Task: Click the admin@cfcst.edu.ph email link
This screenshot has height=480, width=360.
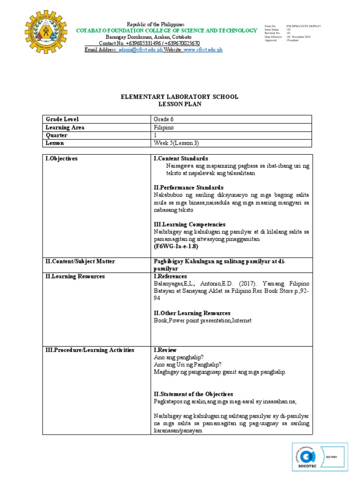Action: (140, 50)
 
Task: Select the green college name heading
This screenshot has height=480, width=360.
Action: (166, 30)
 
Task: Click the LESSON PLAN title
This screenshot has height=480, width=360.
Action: (180, 105)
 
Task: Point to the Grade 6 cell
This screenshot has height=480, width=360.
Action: (164, 119)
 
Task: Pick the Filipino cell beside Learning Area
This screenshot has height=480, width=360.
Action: (164, 127)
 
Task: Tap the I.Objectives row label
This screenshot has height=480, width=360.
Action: (61, 159)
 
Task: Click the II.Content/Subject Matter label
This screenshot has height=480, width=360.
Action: (80, 261)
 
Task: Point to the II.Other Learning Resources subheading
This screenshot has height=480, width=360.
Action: (192, 313)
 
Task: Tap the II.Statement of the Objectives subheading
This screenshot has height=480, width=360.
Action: (193, 394)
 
